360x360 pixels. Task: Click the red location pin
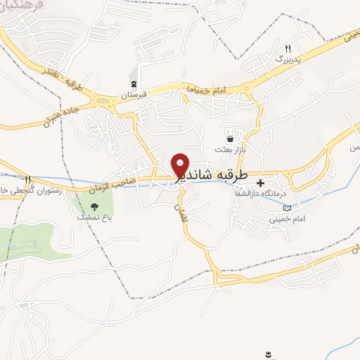[180, 165]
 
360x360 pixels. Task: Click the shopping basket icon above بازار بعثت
[230, 139]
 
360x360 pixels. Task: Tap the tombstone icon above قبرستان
[134, 84]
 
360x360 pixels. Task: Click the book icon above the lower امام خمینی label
[287, 208]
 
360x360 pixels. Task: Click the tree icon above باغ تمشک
[94, 207]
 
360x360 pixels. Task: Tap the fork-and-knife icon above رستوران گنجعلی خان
[27, 179]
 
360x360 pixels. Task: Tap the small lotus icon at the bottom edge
[268, 352]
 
